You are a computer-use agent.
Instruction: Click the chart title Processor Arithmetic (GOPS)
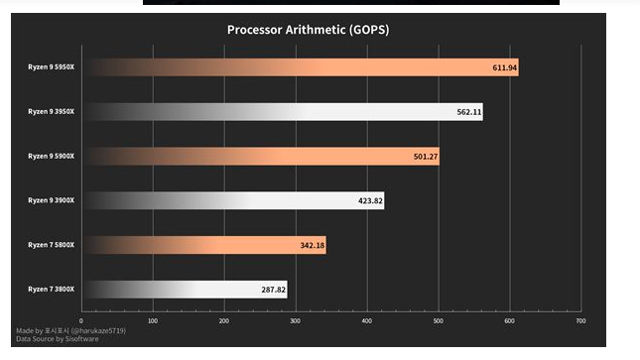308,29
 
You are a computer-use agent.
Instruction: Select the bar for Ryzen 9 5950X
298,67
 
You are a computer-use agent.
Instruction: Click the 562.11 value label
469,112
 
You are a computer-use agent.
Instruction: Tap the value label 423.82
370,200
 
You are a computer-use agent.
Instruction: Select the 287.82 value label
273,290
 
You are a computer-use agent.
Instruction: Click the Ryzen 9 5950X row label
52,67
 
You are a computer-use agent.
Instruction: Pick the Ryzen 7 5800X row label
52,245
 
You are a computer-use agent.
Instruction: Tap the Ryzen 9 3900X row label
52,200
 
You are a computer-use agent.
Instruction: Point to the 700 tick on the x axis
580,320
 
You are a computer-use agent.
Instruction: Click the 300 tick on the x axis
295,320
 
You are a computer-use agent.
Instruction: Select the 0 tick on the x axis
81,320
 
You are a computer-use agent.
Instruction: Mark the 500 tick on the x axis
438,320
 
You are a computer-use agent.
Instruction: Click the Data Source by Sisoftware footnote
57,338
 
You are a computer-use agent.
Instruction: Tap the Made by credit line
70,329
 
